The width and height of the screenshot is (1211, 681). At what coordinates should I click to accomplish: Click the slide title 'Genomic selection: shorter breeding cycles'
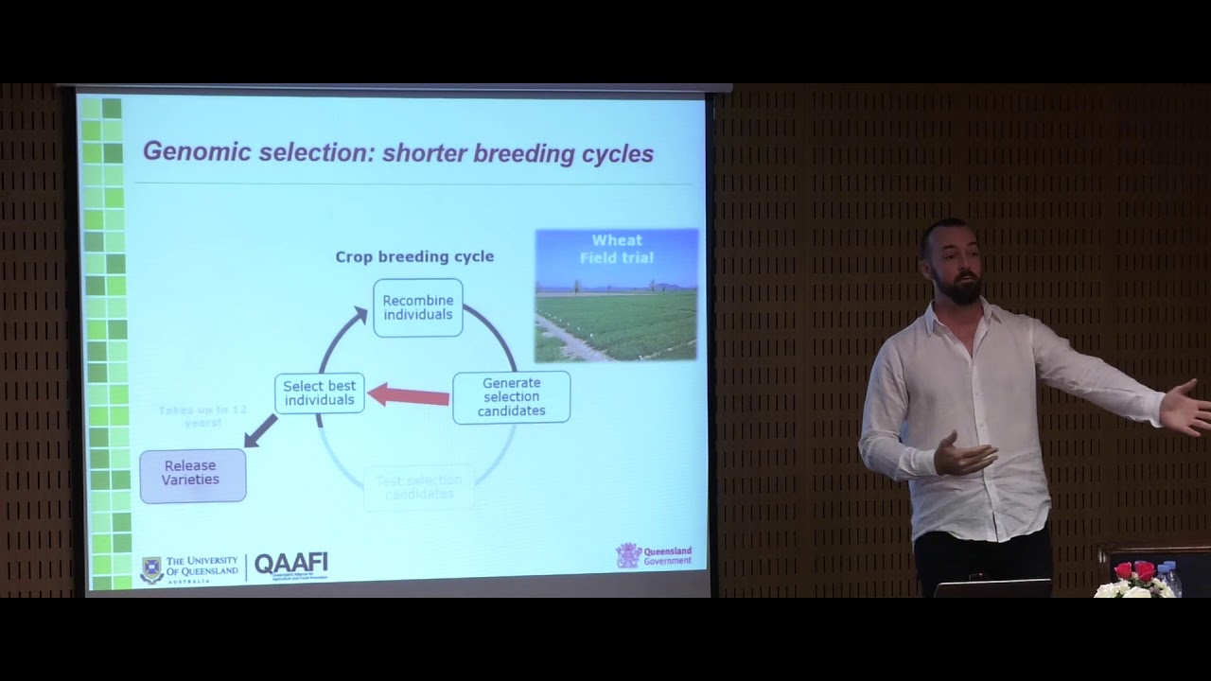pos(397,152)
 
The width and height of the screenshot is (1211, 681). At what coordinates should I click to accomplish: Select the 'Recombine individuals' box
pos(417,307)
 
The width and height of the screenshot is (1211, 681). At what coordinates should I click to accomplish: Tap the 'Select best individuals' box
pos(320,393)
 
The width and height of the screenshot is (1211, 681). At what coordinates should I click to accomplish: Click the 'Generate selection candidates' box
pos(511,396)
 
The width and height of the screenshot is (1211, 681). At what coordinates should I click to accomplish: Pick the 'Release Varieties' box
pos(192,473)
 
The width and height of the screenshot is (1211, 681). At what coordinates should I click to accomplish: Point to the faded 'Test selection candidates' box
pos(418,487)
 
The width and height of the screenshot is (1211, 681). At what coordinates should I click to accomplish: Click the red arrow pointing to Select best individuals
pos(408,394)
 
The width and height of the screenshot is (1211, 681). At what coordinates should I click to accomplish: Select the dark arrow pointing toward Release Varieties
pos(260,430)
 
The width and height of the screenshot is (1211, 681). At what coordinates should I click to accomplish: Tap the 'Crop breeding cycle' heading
pos(414,256)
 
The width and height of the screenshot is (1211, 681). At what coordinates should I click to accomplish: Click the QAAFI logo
pos(291,565)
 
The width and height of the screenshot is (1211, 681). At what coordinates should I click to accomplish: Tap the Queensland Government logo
pos(654,555)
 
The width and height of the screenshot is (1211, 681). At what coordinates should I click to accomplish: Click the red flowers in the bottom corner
pos(1133,570)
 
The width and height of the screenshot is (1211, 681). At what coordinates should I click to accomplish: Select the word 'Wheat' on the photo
pos(616,240)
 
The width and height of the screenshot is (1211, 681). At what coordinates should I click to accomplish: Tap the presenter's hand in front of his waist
pos(961,456)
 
